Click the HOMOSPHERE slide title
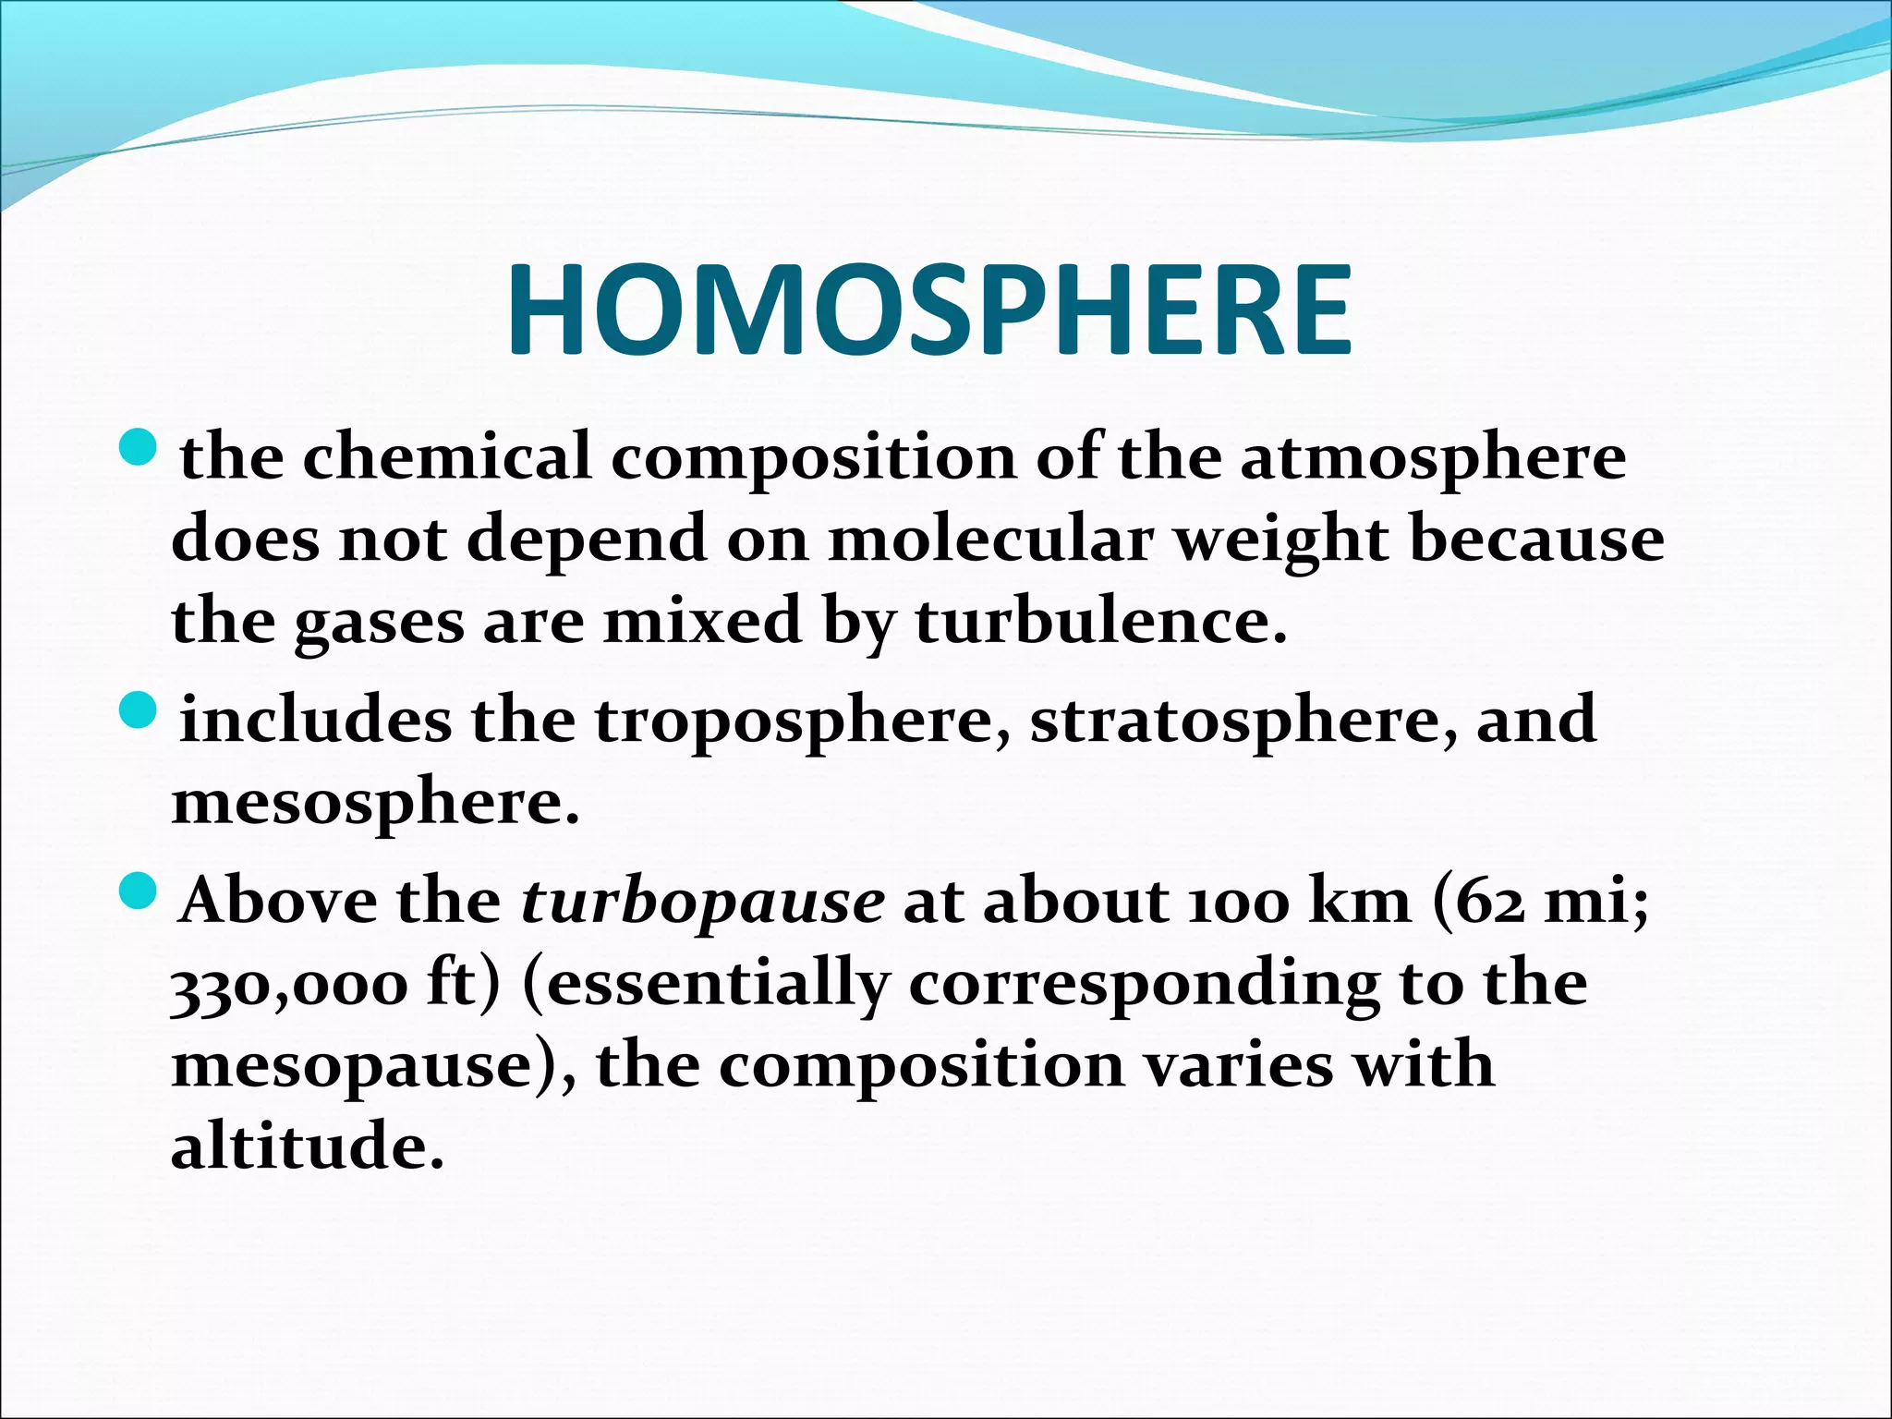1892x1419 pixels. click(x=929, y=309)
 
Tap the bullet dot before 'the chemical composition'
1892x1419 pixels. click(x=139, y=447)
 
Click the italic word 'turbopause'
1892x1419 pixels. click(x=703, y=902)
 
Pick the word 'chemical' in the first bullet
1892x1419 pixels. click(x=447, y=456)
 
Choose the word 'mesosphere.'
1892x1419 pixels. click(x=375, y=802)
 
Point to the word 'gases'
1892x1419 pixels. click(x=380, y=621)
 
